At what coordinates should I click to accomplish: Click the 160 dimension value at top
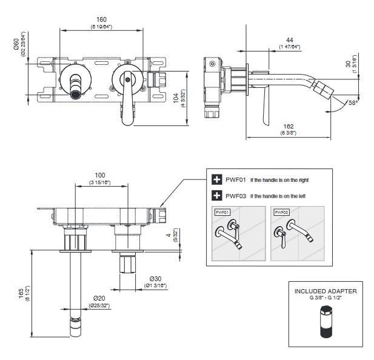click(101, 19)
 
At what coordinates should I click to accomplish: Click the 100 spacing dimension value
click(101, 175)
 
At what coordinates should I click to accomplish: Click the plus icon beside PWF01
click(216, 180)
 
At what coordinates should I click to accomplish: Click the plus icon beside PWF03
click(216, 195)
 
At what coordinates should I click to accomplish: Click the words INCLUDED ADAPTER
click(326, 291)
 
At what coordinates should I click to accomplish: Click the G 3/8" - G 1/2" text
click(326, 298)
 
